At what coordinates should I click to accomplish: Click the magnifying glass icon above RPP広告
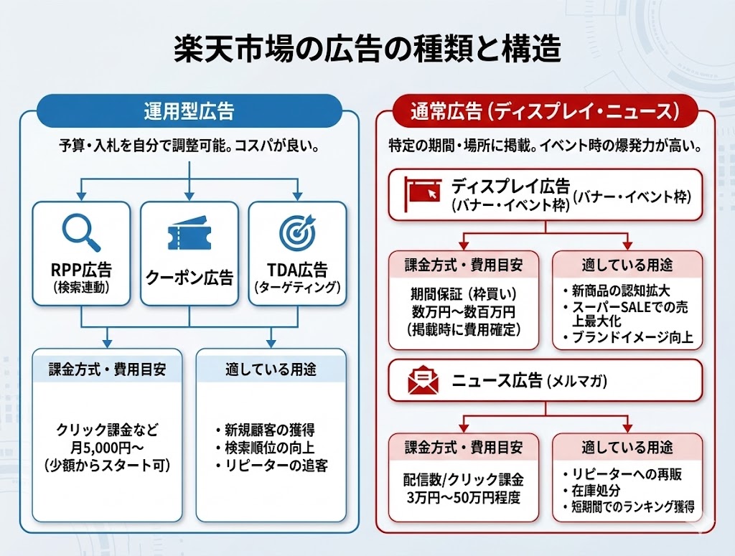(x=80, y=232)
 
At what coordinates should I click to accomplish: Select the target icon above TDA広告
(x=297, y=232)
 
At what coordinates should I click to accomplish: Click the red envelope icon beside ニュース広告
(x=423, y=380)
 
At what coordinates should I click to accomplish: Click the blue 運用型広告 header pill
(x=188, y=111)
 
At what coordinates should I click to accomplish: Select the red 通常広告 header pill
(x=545, y=111)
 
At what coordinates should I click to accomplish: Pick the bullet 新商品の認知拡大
(x=619, y=293)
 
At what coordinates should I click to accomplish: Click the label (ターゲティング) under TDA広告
(x=297, y=287)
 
